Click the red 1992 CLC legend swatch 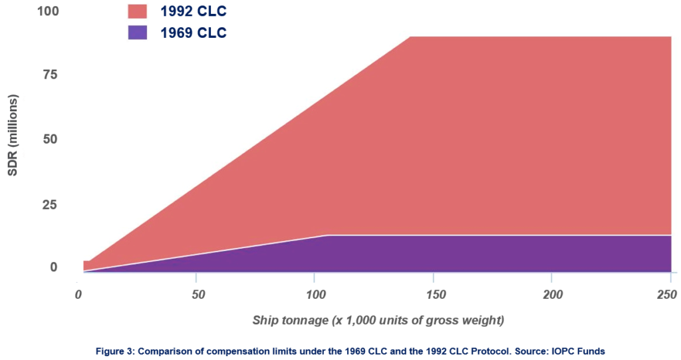point(138,11)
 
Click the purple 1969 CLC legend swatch point(138,32)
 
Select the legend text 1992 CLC point(193,11)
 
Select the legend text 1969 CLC point(193,33)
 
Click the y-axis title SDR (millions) point(13,135)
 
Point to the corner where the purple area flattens point(328,235)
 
